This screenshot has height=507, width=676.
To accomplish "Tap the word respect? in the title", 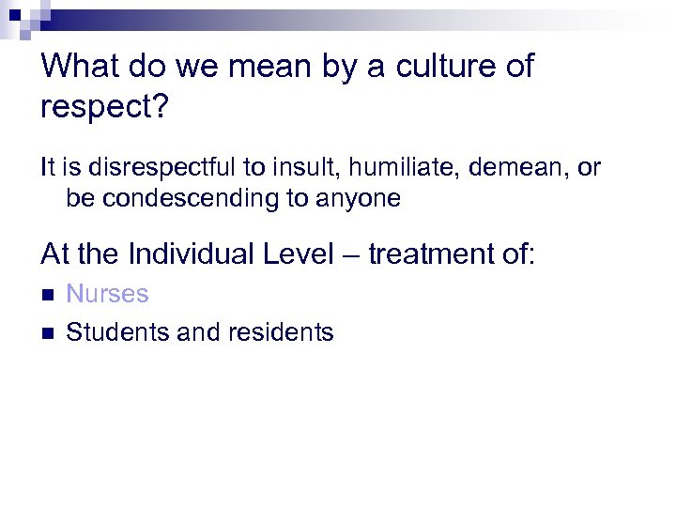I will coord(104,106).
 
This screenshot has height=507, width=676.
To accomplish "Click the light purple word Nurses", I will coord(107,294).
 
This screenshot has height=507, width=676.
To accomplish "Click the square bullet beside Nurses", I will coord(48,295).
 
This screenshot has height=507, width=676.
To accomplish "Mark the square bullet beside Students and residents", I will coord(48,332).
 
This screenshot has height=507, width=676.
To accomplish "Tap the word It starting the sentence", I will coord(48,168).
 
